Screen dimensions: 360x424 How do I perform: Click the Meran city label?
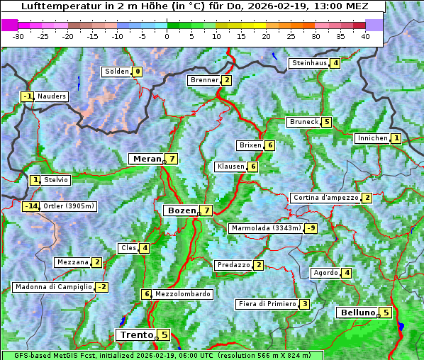point(146,159)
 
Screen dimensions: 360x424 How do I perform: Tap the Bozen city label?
point(181,210)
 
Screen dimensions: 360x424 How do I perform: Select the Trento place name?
point(136,334)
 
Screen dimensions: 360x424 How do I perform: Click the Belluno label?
point(357,313)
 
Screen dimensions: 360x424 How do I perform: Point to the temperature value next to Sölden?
point(138,72)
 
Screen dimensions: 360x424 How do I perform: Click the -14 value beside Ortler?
point(30,206)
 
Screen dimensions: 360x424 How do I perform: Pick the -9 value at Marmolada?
point(311,228)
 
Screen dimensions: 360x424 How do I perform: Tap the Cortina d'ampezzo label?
point(325,198)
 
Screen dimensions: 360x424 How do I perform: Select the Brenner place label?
point(204,80)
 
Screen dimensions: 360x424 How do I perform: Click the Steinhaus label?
point(309,63)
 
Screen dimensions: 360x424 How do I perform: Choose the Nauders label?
point(52,96)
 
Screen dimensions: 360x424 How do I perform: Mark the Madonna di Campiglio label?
point(53,287)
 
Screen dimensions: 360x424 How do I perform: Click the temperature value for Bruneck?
point(326,122)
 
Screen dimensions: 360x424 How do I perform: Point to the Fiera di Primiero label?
point(267,304)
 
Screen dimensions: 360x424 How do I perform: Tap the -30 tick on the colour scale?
point(18,35)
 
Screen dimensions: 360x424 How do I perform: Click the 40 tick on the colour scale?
point(365,35)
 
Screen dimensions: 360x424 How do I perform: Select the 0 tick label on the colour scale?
point(167,35)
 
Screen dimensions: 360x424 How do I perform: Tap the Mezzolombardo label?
point(182,294)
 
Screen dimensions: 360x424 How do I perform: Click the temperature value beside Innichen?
point(396,138)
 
